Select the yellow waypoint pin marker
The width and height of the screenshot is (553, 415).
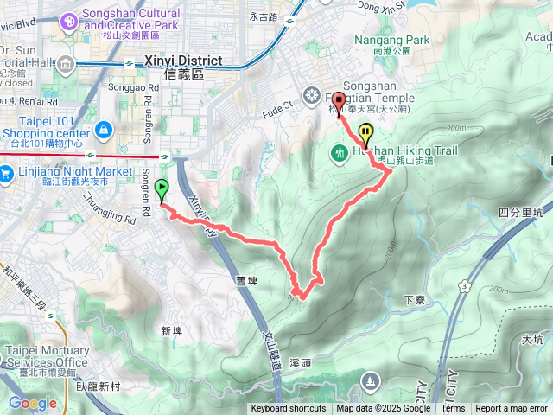(366, 135)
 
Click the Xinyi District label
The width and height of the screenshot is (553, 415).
(184, 61)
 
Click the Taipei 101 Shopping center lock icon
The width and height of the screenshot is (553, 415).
(103, 130)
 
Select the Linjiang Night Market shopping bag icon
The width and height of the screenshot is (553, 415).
(6, 173)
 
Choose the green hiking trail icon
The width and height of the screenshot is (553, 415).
(339, 153)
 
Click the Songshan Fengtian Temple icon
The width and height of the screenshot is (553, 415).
(311, 93)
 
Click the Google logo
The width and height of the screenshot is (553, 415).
(32, 403)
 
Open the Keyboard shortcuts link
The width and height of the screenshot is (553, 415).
(289, 409)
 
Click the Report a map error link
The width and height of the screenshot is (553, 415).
(512, 409)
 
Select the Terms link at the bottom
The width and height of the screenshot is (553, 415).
(453, 409)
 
